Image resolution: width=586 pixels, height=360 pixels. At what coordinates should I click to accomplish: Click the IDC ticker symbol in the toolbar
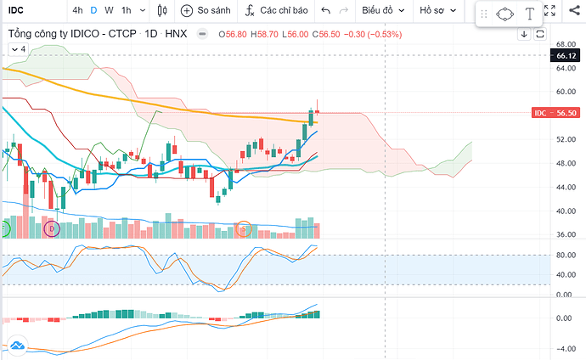click(15, 11)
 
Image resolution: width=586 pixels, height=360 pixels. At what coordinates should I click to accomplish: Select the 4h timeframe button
click(77, 11)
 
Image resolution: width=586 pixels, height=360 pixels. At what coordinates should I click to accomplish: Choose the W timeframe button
click(108, 11)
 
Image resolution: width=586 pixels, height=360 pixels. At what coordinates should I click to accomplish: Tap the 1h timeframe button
click(126, 11)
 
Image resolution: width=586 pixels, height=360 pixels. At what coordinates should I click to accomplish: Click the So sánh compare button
click(206, 11)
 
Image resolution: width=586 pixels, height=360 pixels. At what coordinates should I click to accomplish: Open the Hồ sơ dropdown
click(439, 11)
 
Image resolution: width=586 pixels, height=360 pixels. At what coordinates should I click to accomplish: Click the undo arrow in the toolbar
click(326, 11)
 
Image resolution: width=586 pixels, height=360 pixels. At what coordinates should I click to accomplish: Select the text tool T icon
click(529, 14)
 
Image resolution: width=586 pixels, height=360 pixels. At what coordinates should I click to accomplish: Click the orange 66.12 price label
click(566, 56)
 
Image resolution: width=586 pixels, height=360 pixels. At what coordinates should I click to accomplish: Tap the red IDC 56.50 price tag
click(555, 113)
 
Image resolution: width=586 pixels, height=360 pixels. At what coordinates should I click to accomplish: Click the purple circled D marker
click(52, 228)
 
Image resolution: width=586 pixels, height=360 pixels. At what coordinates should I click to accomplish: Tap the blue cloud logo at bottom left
click(16, 346)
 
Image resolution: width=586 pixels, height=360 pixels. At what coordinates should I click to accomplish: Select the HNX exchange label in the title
click(176, 34)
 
